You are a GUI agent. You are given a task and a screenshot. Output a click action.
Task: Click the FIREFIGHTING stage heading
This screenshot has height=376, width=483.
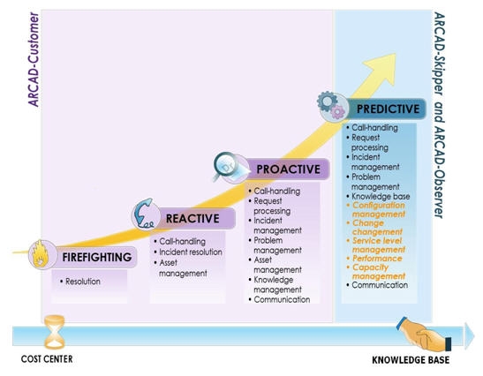coord(97,257)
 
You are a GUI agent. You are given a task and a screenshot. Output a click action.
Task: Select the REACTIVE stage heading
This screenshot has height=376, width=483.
coord(192,219)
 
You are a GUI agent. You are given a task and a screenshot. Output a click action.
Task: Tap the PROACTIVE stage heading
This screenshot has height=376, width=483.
coord(289,169)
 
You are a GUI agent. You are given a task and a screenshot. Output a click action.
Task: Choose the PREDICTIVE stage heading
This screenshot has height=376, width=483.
coord(388,109)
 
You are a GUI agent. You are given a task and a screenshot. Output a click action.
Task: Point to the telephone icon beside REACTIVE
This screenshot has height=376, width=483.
coord(146,214)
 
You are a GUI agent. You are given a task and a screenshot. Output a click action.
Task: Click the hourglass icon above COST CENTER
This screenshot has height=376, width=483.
coord(55,332)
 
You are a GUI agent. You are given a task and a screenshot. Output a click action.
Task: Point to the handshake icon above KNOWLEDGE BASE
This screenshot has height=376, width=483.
coord(424,335)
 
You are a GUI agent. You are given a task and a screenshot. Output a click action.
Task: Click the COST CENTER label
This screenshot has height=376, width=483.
coord(47,359)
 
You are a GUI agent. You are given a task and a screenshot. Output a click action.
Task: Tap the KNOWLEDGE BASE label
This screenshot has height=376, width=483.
coord(411,360)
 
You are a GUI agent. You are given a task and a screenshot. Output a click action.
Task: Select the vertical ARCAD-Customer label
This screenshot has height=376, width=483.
coord(34,59)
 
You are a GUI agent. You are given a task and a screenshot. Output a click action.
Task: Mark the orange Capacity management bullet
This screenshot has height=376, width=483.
coord(376,272)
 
